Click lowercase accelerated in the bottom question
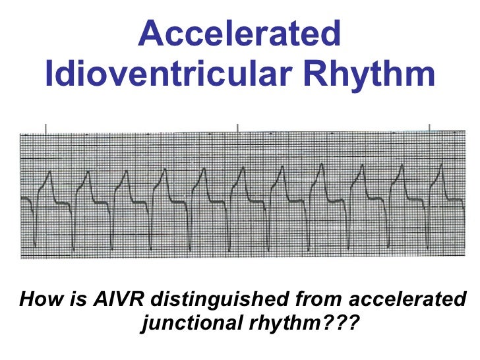pyautogui.click(x=406, y=300)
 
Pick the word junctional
pyautogui.click(x=187, y=323)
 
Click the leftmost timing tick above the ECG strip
pyautogui.click(x=45, y=127)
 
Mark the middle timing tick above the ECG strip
pyautogui.click(x=237, y=127)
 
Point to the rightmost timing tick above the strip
pyautogui.click(x=430, y=127)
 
